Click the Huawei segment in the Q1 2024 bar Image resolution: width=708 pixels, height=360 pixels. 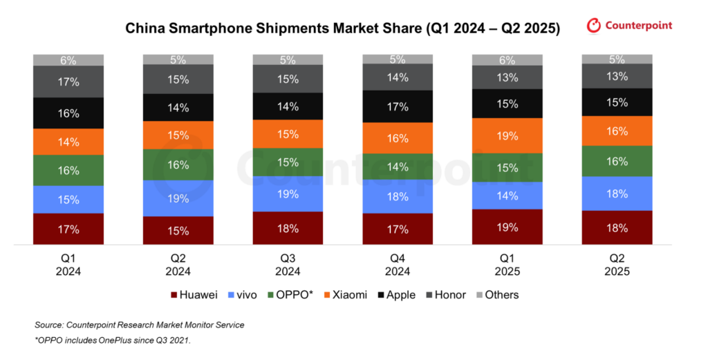tap(68, 229)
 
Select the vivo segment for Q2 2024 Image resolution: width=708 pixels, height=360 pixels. tap(178, 198)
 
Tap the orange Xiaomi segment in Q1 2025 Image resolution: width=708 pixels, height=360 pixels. tap(507, 136)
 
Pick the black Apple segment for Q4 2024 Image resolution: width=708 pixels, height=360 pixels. tap(398, 106)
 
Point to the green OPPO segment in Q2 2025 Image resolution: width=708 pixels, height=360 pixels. tap(617, 161)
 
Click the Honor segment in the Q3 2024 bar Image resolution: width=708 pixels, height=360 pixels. tap(288, 79)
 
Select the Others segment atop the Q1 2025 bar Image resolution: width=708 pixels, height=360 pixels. tap(507, 60)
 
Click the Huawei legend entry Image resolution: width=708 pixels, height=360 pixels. tap(194, 295)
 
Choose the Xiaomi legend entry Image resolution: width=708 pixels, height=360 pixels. tap(346, 295)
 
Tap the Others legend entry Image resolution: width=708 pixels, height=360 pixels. tap(498, 295)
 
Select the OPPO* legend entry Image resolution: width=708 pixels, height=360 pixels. tap(290, 295)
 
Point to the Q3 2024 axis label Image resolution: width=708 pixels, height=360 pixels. tap(288, 265)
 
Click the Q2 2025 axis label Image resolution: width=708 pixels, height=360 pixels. tap(617, 265)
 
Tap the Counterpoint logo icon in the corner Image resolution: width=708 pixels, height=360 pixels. tap(593, 26)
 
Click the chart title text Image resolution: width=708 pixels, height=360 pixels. tap(342, 28)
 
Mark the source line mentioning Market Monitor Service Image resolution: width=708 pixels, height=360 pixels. tap(140, 325)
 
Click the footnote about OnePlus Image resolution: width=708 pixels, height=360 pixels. tap(113, 340)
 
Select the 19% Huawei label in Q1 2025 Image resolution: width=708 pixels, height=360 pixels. tap(507, 227)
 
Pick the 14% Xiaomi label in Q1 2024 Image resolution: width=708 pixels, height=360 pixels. tap(68, 142)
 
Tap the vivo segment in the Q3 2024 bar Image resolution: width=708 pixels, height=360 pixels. tap(288, 194)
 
